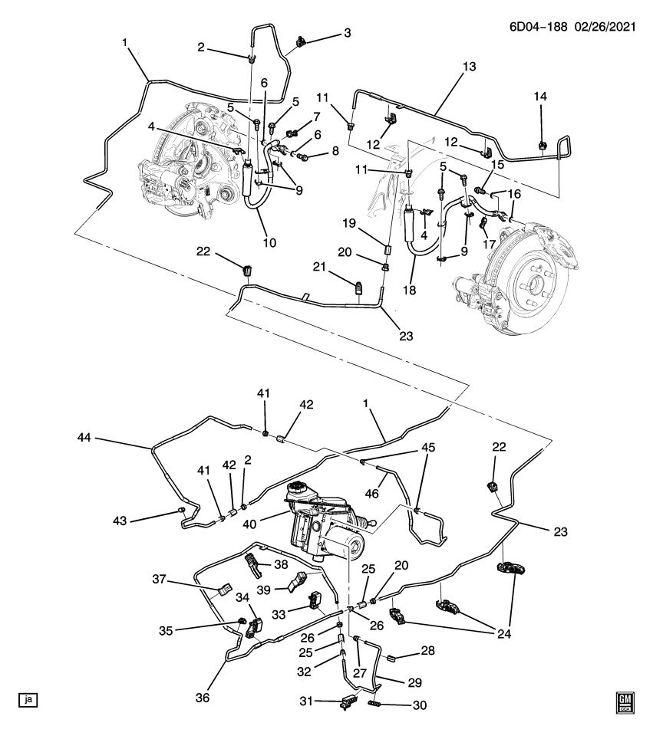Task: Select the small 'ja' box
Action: [28, 699]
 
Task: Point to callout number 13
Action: [469, 67]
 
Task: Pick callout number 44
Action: [86, 438]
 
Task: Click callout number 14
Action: [542, 96]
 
